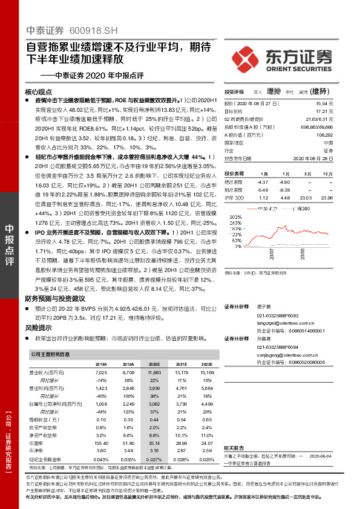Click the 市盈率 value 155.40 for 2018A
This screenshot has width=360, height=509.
101,427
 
